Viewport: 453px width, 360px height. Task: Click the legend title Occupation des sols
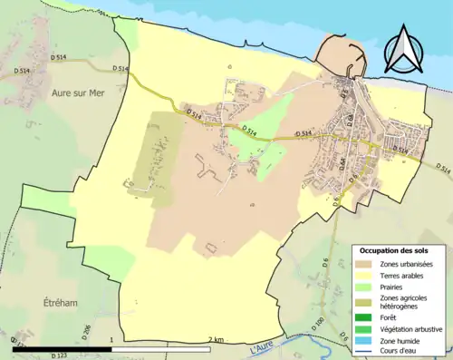394,249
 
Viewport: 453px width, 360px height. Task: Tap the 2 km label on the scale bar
215,339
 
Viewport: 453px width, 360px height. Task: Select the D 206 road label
88,331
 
